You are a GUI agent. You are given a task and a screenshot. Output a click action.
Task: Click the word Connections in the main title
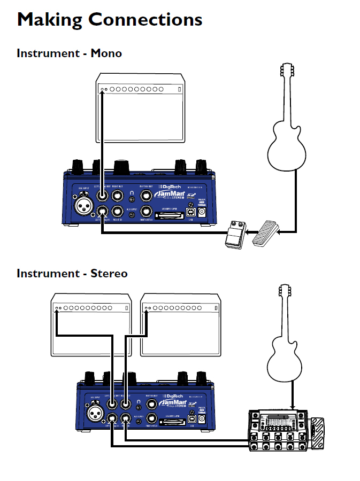coord(145,20)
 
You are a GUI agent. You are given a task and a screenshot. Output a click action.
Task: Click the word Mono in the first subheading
coord(106,53)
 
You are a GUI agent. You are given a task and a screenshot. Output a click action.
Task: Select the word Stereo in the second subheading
coord(109,274)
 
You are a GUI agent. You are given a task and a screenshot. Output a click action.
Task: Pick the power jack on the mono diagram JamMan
coord(202,213)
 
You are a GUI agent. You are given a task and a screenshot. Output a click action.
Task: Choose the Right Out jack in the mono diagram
coord(119,196)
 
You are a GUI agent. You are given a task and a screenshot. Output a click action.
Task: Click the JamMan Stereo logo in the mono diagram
coord(168,193)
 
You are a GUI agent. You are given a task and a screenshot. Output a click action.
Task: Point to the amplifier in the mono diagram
coord(140,110)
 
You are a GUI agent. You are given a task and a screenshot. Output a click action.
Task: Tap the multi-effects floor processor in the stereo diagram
coord(278,431)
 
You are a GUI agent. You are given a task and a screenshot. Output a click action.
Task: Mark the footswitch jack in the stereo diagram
coord(152,418)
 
